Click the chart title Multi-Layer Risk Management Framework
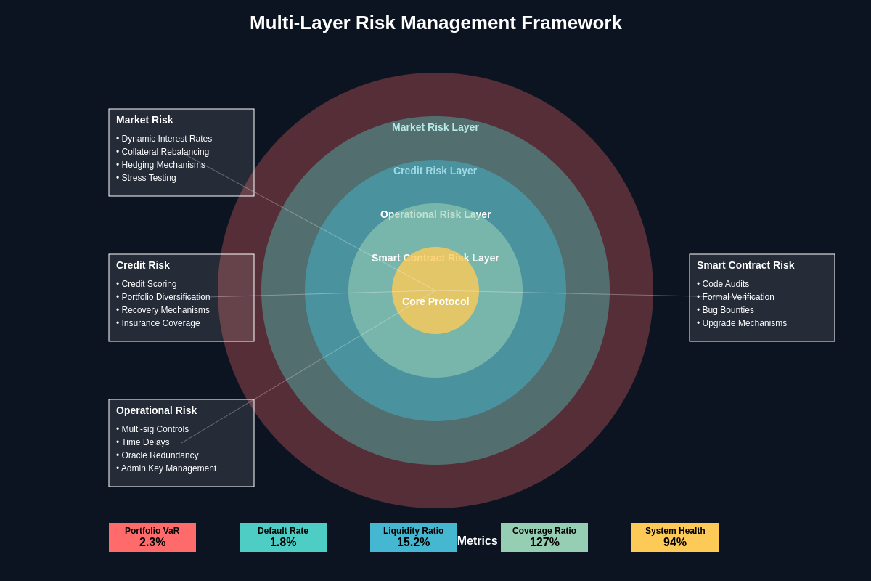tap(435, 23)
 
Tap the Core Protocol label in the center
tap(435, 301)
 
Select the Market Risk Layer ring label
tap(435, 127)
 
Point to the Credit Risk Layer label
tap(435, 171)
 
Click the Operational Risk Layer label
tap(435, 214)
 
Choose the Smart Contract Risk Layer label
tap(435, 258)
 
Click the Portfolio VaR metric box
tap(152, 537)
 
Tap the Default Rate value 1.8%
tap(283, 543)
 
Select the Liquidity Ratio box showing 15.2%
tap(414, 537)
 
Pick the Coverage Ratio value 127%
tap(544, 543)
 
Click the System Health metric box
tap(675, 537)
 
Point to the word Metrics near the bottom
tap(478, 541)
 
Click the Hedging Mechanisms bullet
tap(161, 165)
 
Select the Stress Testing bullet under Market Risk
tap(147, 178)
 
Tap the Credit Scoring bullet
tap(147, 284)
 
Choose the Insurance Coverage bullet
tap(158, 323)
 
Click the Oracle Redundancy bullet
tap(158, 455)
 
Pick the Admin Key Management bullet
tap(166, 468)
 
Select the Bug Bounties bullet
tap(726, 310)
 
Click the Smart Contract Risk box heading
tap(745, 265)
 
